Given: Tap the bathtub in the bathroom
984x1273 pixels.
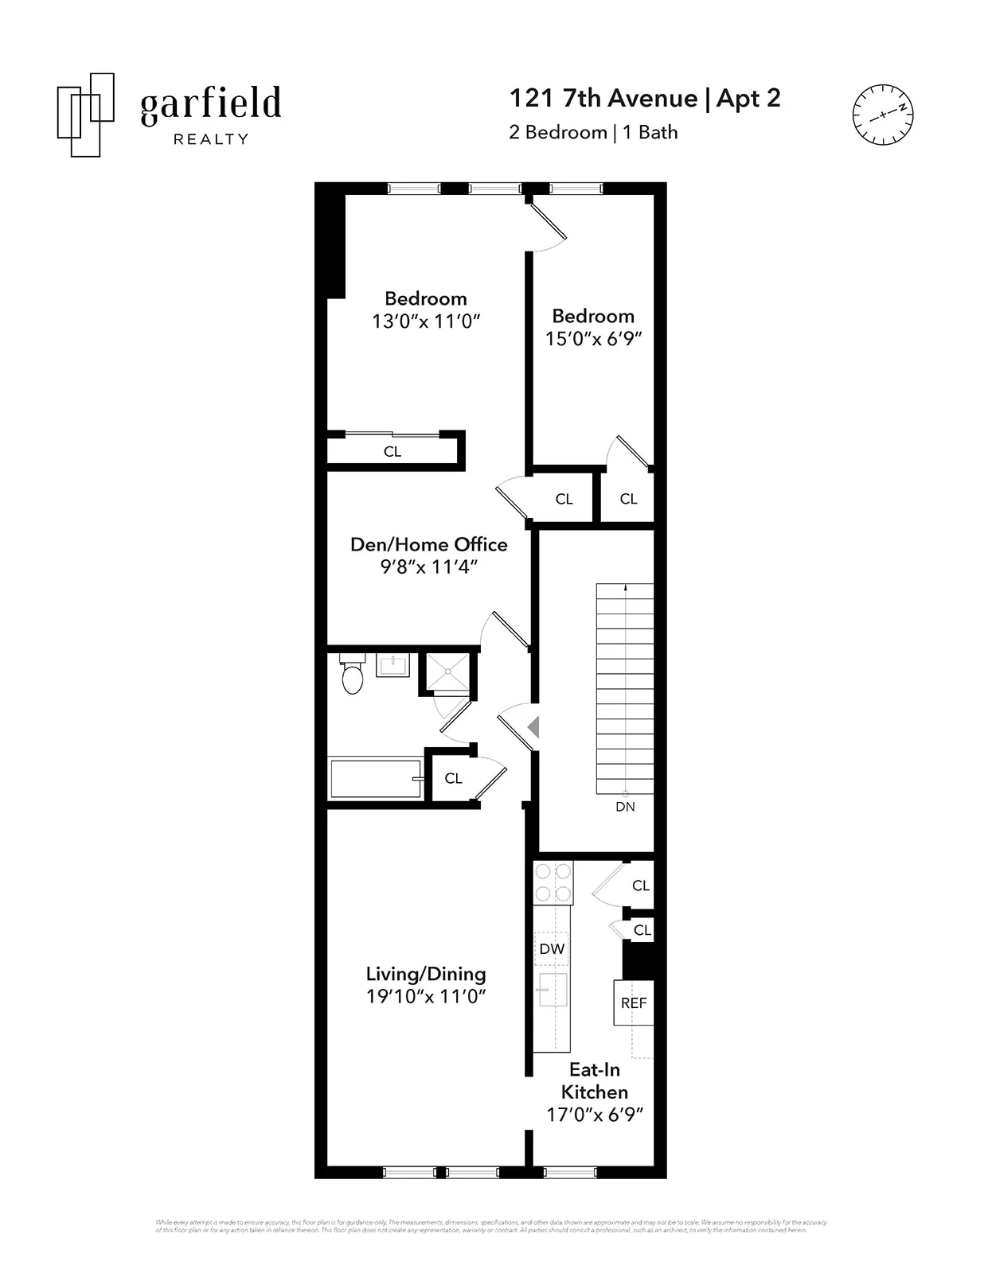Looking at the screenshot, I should (x=375, y=778).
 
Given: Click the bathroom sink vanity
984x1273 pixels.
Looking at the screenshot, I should (x=392, y=665).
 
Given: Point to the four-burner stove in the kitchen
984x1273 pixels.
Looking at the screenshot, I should (x=553, y=882).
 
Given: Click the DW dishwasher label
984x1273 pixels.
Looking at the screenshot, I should (x=552, y=948).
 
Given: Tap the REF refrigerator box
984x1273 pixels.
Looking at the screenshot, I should (x=634, y=1002).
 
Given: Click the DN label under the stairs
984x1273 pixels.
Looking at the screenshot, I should (x=625, y=806).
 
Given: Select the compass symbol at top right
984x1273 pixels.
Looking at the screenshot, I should (x=882, y=115).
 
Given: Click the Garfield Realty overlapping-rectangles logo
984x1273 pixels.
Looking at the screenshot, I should (x=85, y=115).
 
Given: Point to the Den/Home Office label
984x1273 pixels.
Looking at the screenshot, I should (x=428, y=544).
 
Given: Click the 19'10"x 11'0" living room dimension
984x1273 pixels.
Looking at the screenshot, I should (x=426, y=996).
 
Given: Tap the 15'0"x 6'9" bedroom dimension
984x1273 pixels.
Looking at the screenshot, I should (x=593, y=338).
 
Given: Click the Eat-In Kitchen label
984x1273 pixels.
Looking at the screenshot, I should (x=595, y=1080).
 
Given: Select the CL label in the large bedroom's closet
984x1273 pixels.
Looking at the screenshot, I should (x=392, y=451).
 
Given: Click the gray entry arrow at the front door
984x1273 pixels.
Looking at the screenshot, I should (x=533, y=726).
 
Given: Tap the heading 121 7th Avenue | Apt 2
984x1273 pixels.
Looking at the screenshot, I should (x=644, y=98).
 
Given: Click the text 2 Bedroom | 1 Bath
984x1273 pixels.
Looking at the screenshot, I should (x=593, y=132).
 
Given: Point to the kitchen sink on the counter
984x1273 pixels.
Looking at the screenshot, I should (x=553, y=989).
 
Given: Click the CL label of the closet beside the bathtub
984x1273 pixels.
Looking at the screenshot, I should (x=453, y=778).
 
